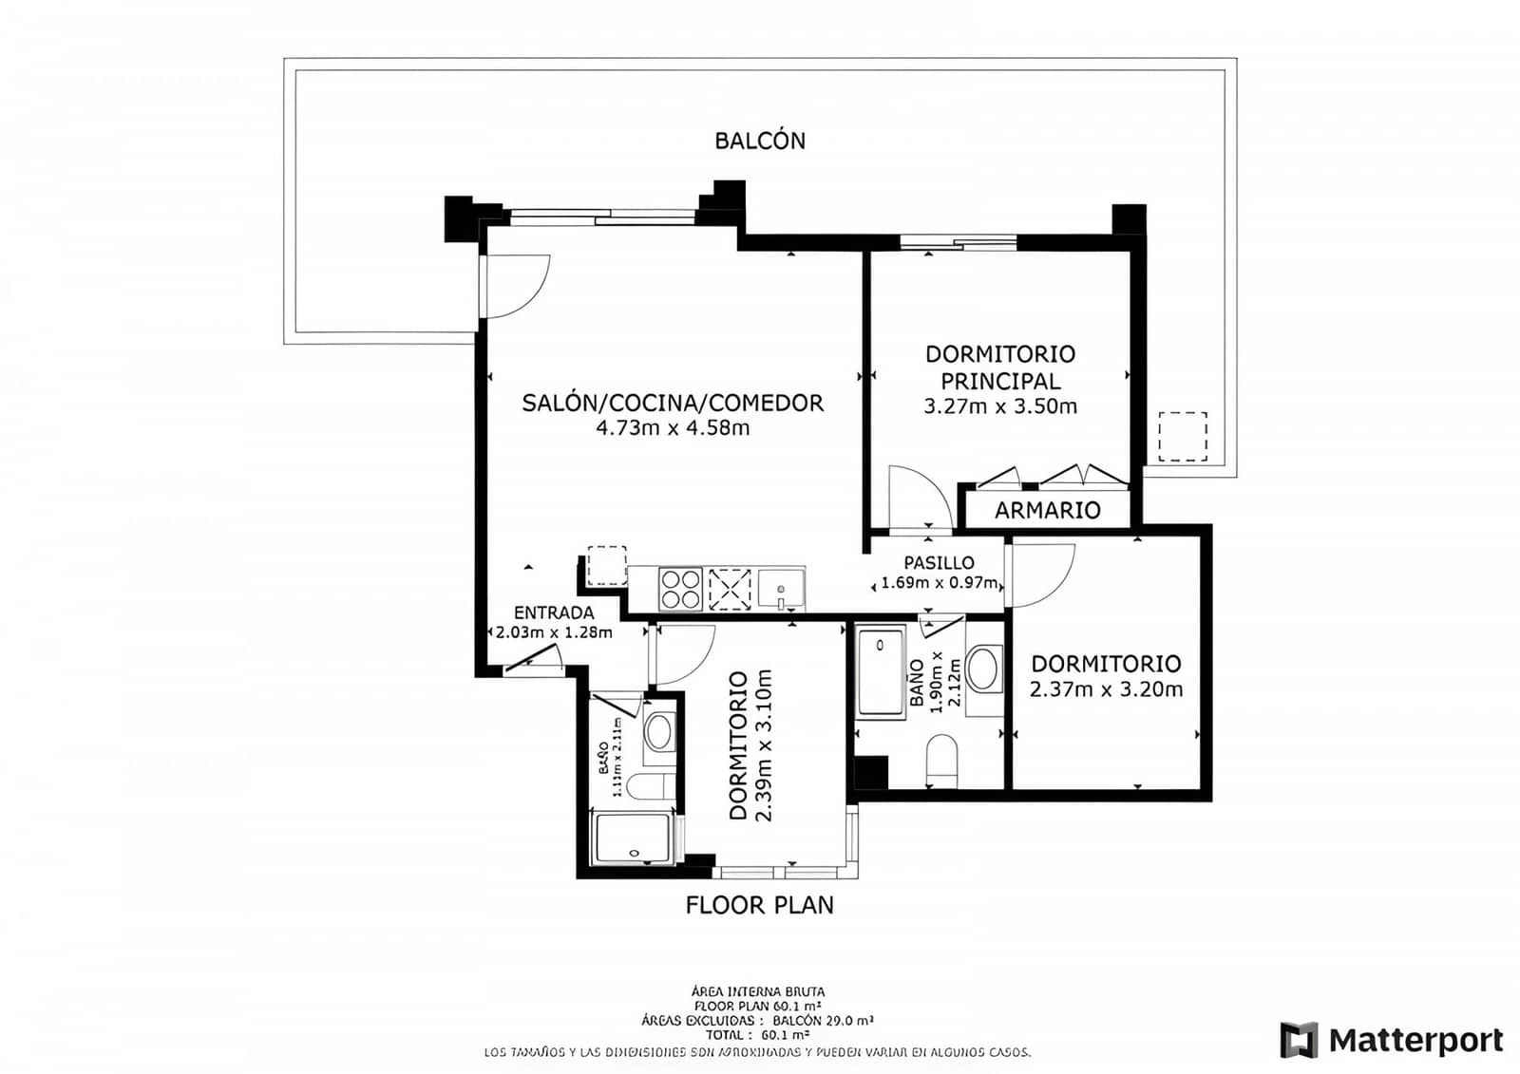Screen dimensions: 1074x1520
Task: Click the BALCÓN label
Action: [760, 141]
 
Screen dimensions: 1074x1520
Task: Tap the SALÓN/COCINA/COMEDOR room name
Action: [673, 403]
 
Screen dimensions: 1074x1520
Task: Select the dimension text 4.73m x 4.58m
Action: [673, 428]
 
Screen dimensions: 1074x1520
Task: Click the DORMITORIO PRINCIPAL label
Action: [1000, 367]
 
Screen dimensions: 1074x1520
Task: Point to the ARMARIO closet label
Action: [1047, 510]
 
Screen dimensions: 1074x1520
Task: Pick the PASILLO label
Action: [939, 563]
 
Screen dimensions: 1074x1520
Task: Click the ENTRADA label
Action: [554, 613]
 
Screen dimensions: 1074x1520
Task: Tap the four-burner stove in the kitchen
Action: [680, 589]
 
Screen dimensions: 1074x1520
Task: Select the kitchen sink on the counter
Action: [781, 588]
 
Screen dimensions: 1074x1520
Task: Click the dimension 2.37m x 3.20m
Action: [1106, 689]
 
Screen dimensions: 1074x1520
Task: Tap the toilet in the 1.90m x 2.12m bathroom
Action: [942, 763]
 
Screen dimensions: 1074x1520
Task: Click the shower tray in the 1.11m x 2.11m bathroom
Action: [632, 839]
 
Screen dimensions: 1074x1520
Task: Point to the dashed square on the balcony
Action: [1182, 437]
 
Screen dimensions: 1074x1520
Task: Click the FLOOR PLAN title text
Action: [759, 905]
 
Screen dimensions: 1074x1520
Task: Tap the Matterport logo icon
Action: [1299, 1040]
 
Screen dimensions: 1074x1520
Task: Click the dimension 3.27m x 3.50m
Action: [1000, 406]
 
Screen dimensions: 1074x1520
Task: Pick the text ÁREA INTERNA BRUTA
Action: [758, 991]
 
